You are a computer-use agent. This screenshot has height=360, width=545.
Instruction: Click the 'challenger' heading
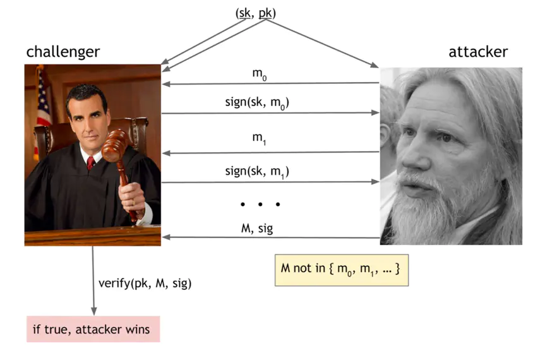click(63, 51)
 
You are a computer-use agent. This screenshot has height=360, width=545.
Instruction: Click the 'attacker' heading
click(477, 51)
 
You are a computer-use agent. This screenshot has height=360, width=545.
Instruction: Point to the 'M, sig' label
click(257, 227)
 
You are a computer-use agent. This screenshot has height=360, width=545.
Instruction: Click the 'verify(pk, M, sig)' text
click(145, 283)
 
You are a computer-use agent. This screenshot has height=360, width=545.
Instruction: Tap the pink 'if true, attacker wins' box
click(93, 330)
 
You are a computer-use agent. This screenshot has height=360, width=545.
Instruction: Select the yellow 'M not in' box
click(341, 270)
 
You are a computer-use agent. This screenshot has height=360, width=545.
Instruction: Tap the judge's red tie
click(91, 163)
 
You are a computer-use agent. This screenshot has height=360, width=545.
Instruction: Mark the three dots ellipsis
click(260, 204)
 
